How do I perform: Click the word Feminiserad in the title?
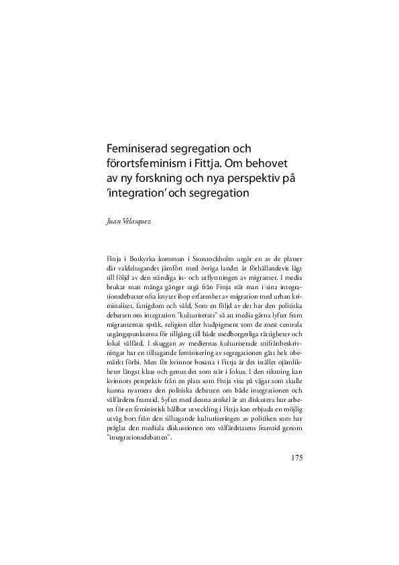137,147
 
